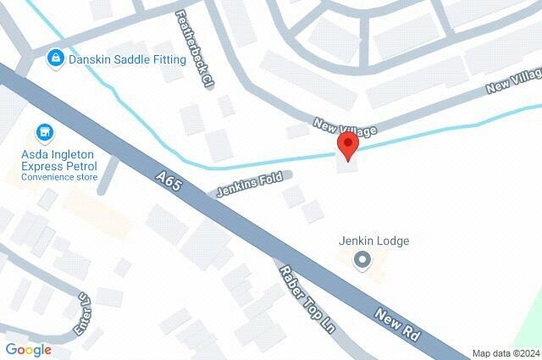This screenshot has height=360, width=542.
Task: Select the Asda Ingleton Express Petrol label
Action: click(x=59, y=161)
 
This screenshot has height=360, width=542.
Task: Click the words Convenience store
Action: click(x=59, y=177)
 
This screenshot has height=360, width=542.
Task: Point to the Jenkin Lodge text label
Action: click(x=373, y=241)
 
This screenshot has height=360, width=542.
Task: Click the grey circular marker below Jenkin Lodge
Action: click(x=362, y=260)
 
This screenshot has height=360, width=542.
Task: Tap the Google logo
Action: click(x=28, y=349)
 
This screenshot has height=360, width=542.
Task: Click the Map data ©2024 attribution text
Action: click(x=505, y=353)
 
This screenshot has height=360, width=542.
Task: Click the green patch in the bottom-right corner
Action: click(x=531, y=326)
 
